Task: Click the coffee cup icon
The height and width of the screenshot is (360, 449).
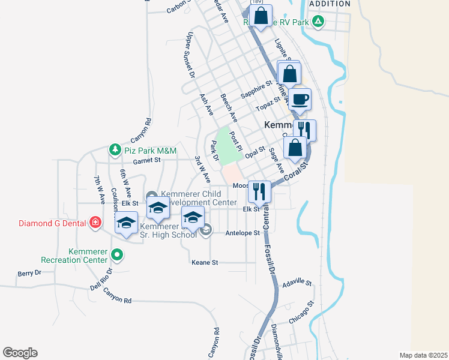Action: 300,98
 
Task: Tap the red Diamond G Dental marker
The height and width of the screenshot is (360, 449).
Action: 95,223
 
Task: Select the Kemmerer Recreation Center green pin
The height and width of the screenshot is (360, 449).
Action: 118,254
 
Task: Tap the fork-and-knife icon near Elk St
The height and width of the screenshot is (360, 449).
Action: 259,191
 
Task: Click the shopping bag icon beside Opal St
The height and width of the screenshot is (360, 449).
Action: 295,147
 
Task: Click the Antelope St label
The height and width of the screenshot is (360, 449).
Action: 243,233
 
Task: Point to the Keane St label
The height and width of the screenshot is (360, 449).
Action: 205,263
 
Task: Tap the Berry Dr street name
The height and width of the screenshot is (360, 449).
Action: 29,272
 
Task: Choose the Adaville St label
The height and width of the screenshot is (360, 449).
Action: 298,282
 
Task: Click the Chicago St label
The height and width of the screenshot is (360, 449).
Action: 301,313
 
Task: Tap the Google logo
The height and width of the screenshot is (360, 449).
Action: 20,352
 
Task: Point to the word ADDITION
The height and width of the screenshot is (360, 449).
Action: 330,4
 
